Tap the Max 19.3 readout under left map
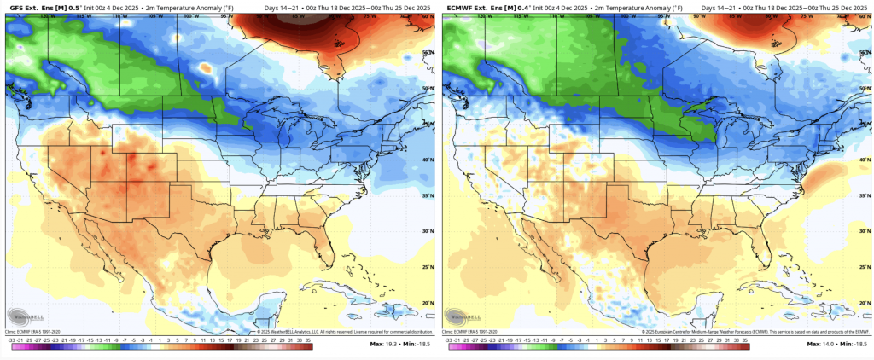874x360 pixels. point(384,344)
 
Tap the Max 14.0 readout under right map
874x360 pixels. point(821,344)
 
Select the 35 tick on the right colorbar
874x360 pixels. point(745,340)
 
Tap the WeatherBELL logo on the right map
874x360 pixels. point(461,314)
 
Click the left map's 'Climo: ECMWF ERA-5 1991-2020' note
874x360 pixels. point(32,331)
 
